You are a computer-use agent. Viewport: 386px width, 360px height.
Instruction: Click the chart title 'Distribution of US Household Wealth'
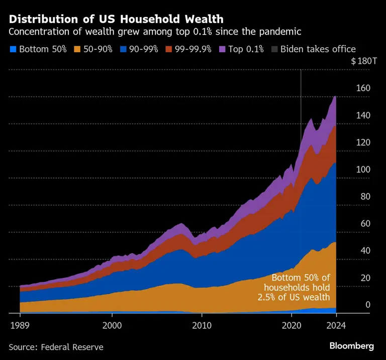(x=116, y=19)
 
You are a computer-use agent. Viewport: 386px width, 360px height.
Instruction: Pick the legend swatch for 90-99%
(x=122, y=49)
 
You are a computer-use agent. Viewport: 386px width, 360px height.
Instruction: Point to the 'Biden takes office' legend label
(x=318, y=49)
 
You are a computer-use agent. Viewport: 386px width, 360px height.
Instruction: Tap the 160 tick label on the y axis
(x=363, y=88)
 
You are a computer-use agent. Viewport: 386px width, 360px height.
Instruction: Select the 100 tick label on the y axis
(x=363, y=170)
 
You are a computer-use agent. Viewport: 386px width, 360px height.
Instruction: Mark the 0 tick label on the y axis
(x=367, y=305)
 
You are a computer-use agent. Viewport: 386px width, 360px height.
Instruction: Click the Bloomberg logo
(x=351, y=346)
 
